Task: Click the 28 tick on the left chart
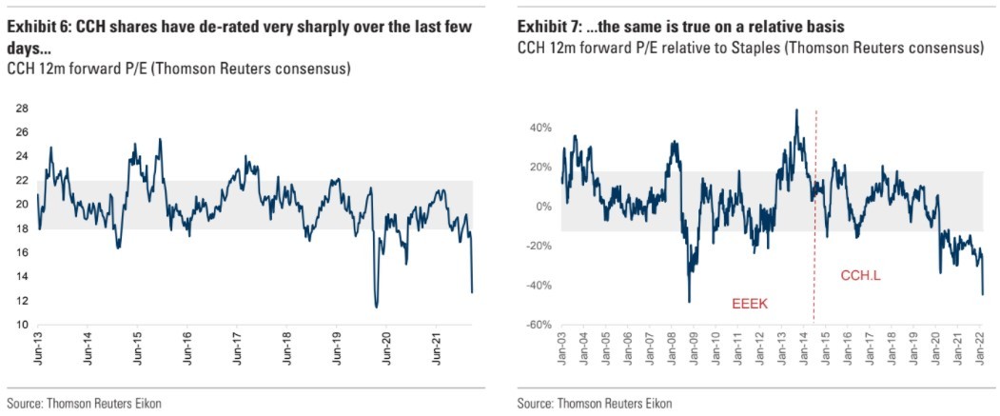[x=19, y=108]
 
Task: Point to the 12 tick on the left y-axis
[x=19, y=301]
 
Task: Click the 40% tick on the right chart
[x=541, y=128]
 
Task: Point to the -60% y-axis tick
[x=539, y=326]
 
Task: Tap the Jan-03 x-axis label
[x=562, y=354]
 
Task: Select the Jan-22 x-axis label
[x=981, y=354]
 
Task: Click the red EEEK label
[x=750, y=305]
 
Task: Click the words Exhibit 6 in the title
[x=37, y=28]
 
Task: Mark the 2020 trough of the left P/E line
[x=376, y=307]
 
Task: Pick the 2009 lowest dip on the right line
[x=689, y=302]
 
